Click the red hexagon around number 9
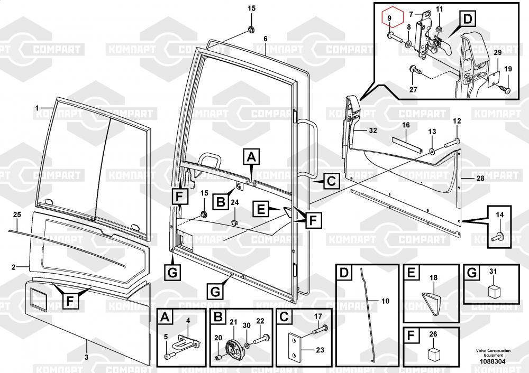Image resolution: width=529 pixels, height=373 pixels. tap(390, 19)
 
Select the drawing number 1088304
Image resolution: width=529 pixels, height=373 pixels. tap(492, 361)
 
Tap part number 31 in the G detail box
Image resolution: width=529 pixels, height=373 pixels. tap(494, 272)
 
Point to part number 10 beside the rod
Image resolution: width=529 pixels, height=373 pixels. tap(385, 301)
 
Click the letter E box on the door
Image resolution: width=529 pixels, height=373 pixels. tap(261, 209)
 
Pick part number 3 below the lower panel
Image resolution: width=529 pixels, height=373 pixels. tap(87, 357)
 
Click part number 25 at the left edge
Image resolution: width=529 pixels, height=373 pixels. tap(17, 215)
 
